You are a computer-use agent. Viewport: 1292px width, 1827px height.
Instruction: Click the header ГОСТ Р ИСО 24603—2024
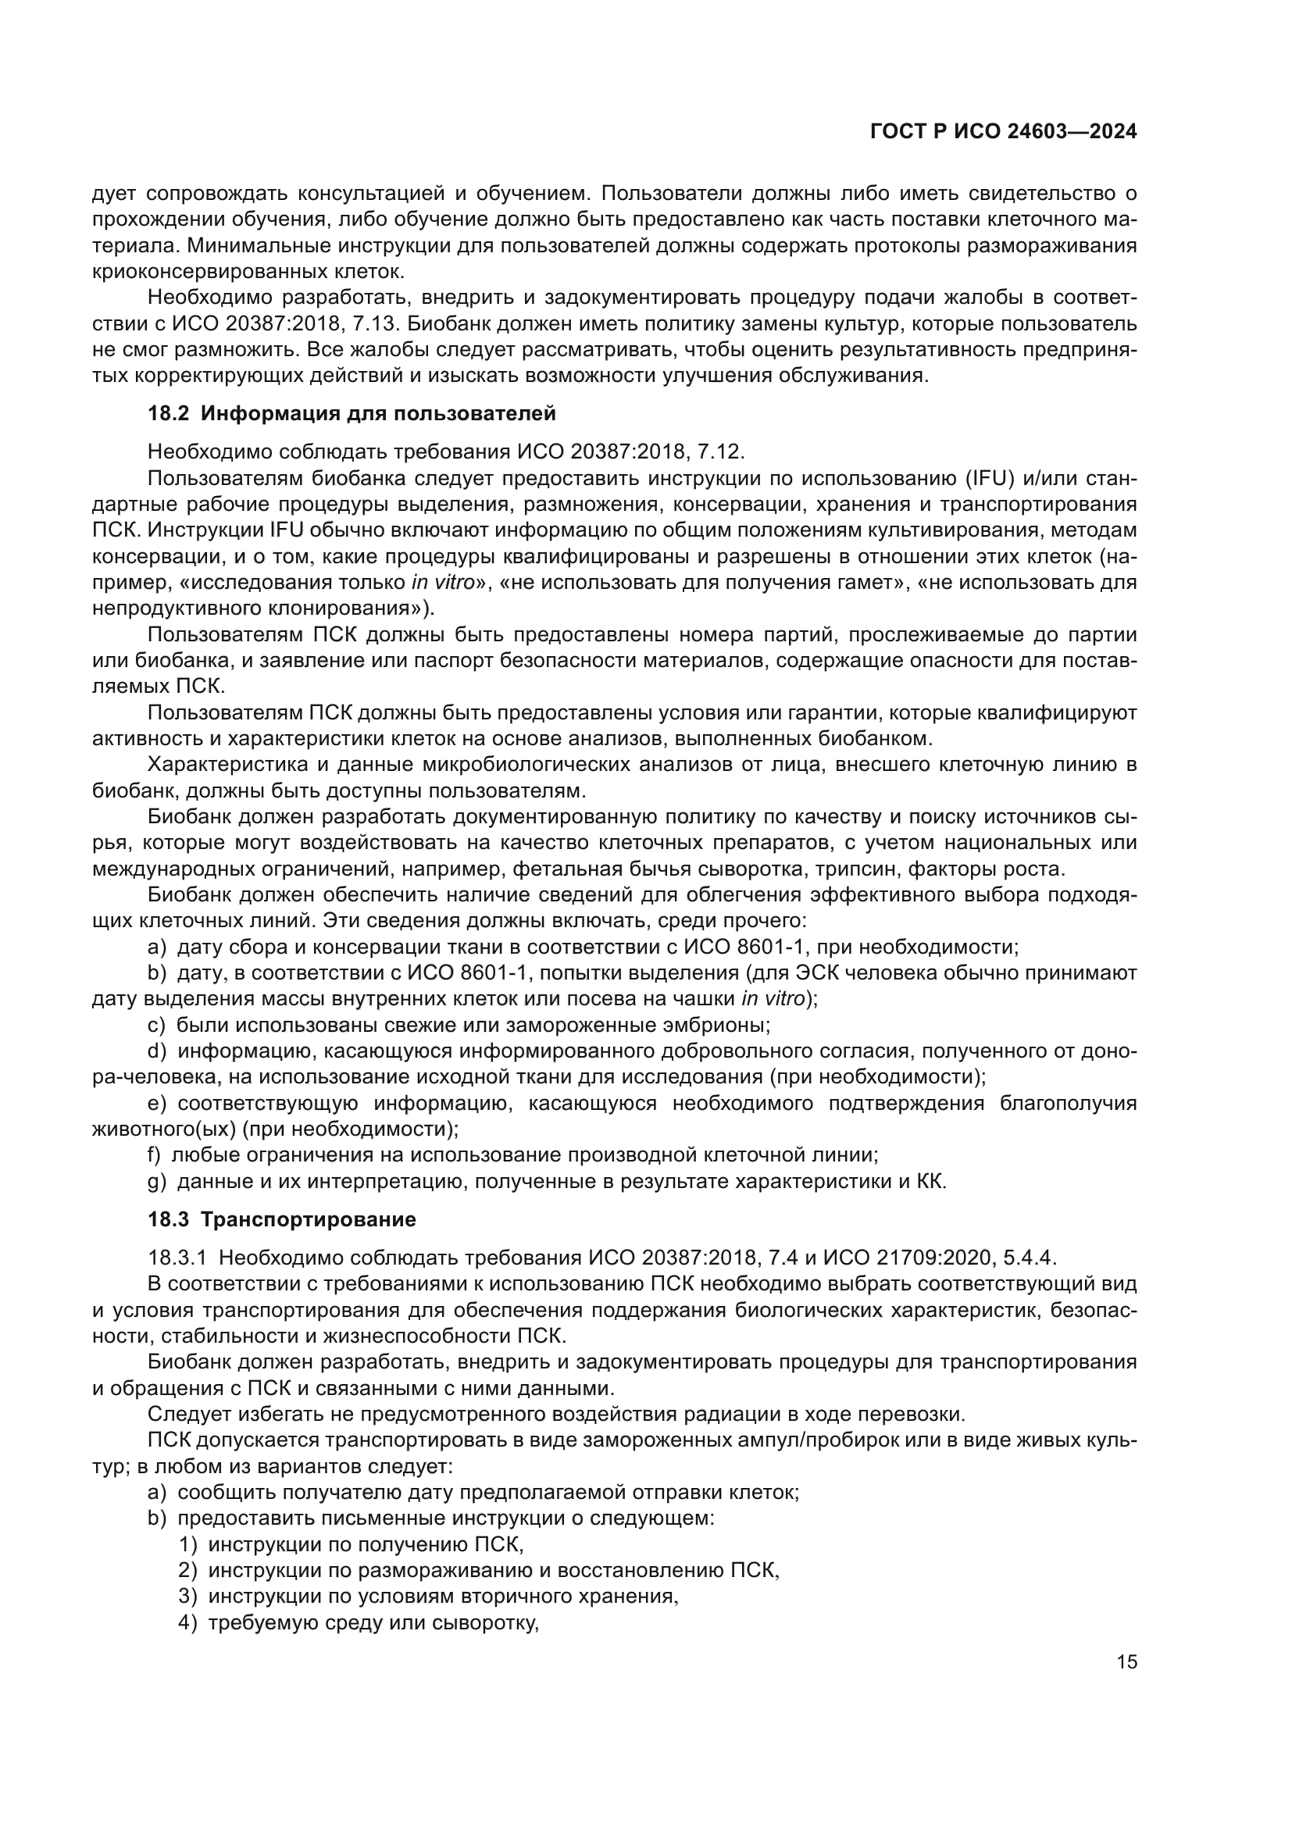pos(1003,131)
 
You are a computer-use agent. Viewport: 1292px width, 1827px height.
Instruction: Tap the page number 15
pos(1126,1661)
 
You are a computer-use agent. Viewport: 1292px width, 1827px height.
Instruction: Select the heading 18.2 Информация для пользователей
pos(352,414)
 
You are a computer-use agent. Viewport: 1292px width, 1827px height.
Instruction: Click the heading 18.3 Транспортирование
pos(282,1219)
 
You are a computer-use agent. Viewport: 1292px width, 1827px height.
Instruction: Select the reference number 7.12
pos(721,452)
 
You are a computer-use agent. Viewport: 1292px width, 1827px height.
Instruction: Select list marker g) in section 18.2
pos(158,1181)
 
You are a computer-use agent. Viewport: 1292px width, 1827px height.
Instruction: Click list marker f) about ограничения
pos(155,1154)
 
